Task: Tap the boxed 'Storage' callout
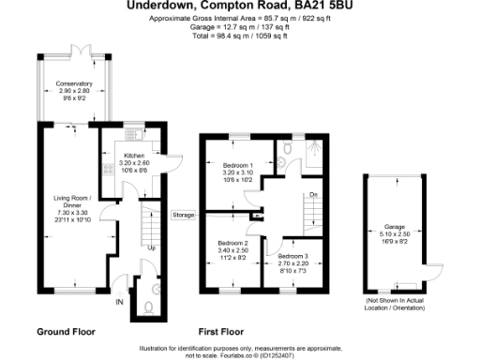[x=184, y=215]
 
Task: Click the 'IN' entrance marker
[x=119, y=302]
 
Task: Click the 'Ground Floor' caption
[x=66, y=332]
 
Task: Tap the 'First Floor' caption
[x=222, y=332]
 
